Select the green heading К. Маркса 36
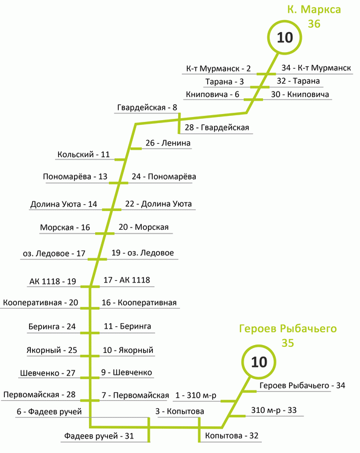point(314,16)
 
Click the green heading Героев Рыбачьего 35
point(288,335)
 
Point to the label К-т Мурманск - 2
point(218,69)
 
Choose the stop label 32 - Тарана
point(298,81)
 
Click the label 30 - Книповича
point(300,94)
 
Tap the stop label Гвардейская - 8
point(147,108)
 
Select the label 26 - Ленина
point(168,143)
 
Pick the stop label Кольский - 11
point(84,155)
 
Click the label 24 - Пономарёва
point(164,176)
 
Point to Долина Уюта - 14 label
point(64,204)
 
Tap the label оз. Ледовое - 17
point(54,253)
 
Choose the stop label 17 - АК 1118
point(127,280)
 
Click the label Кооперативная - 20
point(41,303)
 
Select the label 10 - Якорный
point(128,350)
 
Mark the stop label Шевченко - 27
point(48,373)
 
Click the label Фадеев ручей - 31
point(99,436)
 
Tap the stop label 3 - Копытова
point(179,411)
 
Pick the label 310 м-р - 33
point(274,410)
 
